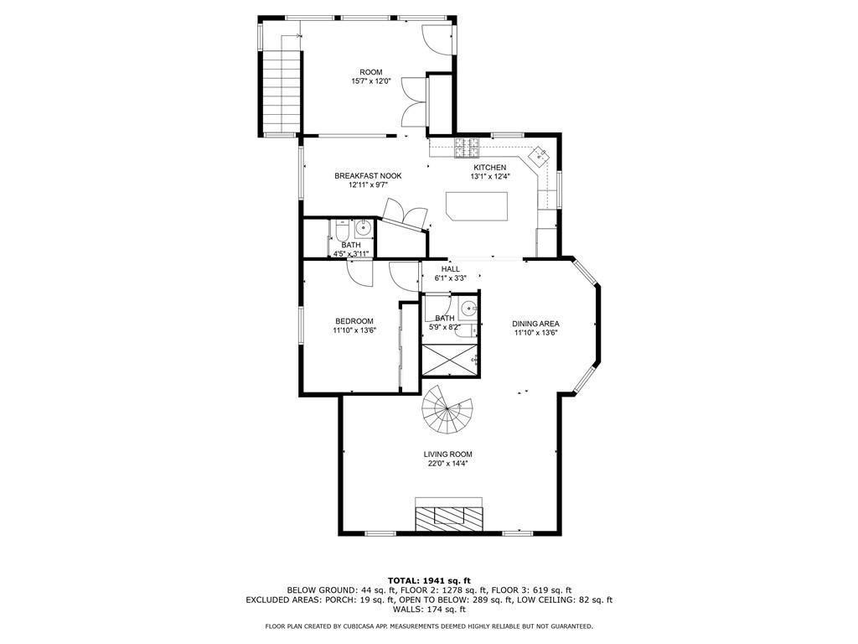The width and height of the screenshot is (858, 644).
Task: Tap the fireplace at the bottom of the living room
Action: click(451, 516)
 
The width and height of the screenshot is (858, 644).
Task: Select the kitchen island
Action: click(477, 205)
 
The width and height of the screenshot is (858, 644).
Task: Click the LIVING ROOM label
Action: click(447, 454)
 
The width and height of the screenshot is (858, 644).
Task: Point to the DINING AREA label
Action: click(535, 324)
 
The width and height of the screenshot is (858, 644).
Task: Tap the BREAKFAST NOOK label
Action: click(368, 176)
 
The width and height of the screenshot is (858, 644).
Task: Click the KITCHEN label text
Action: click(489, 168)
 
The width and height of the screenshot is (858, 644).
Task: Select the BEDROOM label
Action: click(354, 321)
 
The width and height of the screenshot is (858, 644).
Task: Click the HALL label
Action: click(451, 269)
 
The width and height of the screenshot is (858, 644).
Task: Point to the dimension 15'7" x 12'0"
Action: click(371, 81)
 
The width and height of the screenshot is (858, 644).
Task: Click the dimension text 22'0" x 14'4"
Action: click(447, 464)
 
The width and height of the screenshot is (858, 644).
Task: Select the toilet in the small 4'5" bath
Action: click(342, 230)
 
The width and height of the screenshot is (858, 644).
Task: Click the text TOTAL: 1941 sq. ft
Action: click(429, 580)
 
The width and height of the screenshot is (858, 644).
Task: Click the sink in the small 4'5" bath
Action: click(364, 228)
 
